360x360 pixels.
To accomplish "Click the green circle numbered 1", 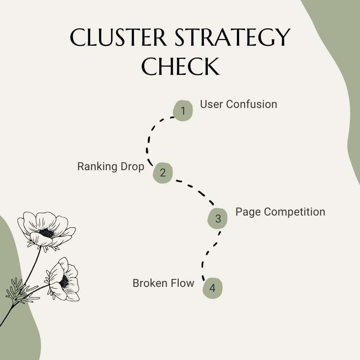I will point(183,111).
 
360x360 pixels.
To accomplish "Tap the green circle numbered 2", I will point(162,173).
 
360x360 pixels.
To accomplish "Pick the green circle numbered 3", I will point(218,218).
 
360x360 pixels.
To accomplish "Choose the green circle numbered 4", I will point(212,288).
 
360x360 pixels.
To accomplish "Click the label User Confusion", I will point(238,104).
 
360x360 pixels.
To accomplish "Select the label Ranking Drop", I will point(111,166).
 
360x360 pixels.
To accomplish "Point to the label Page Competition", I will point(280,212).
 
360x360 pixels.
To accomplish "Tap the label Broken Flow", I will point(163,283).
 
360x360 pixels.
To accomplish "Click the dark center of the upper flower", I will point(46,232).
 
